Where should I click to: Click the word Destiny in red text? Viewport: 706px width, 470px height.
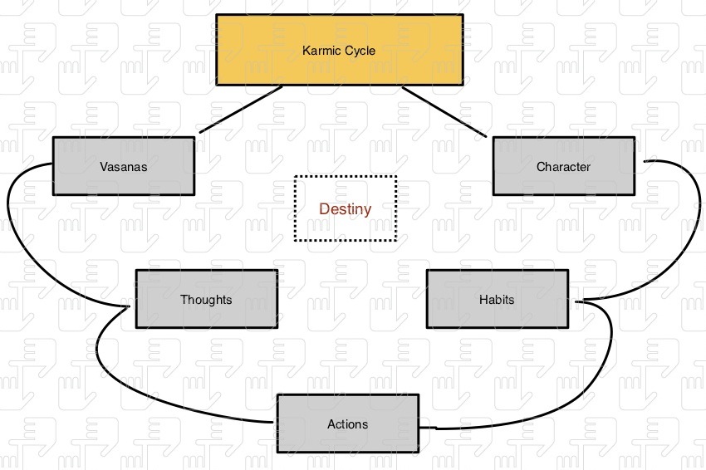[346, 209]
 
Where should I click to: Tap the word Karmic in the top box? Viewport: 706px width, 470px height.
[321, 51]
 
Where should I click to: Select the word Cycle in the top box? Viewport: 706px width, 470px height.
[360, 51]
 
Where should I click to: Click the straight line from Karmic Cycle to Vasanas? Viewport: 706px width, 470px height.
[241, 109]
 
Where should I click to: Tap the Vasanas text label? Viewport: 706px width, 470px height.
[123, 166]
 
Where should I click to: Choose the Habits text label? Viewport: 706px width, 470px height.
[497, 299]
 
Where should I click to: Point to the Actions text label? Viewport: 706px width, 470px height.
[347, 424]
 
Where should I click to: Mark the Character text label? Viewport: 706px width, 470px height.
[563, 166]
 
